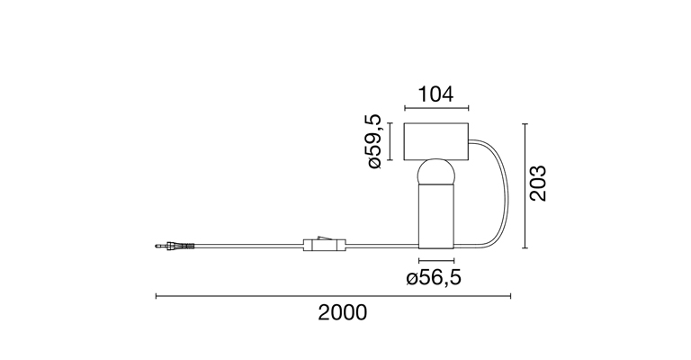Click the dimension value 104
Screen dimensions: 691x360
(435, 94)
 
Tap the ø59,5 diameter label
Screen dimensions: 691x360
(373, 141)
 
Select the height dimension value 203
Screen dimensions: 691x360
(538, 184)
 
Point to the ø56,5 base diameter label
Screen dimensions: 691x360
(434, 277)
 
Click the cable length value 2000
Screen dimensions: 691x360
(343, 313)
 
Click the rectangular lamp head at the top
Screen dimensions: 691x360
(436, 141)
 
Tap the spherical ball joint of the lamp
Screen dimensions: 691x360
(436, 173)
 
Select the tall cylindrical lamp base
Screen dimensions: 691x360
(436, 216)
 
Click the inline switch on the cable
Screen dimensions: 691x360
(325, 243)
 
